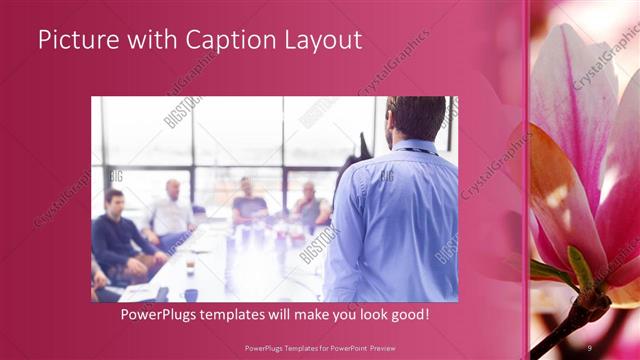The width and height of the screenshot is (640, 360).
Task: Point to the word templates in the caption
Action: pyautogui.click(x=240, y=315)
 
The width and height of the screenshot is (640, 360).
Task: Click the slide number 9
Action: pyautogui.click(x=591, y=346)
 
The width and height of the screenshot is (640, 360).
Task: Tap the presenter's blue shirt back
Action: pyautogui.click(x=390, y=220)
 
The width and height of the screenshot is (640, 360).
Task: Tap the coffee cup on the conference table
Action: pyautogui.click(x=189, y=267)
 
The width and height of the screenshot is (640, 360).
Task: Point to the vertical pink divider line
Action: pyautogui.click(x=527, y=180)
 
